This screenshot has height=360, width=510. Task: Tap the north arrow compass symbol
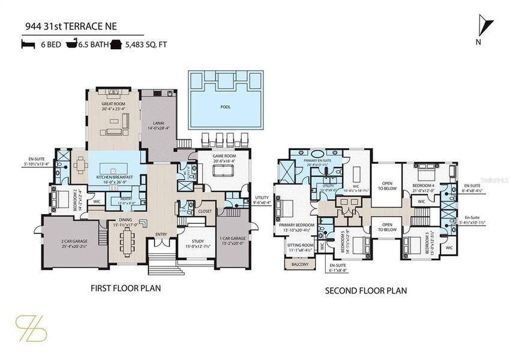coord(487,28)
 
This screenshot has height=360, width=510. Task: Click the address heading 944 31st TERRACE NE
coord(70,26)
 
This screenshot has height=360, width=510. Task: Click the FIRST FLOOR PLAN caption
coord(125,288)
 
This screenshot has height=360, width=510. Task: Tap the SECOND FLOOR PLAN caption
coord(365,291)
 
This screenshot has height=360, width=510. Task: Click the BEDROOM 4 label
coord(424,186)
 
